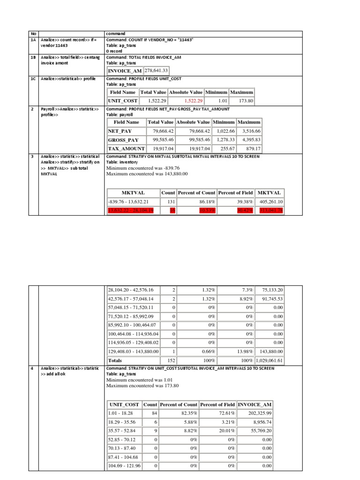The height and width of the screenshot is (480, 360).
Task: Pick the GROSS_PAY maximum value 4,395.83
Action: click(251, 140)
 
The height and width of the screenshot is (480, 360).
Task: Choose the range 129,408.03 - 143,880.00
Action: click(134, 352)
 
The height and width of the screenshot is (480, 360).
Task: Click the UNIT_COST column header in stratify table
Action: click(124, 405)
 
